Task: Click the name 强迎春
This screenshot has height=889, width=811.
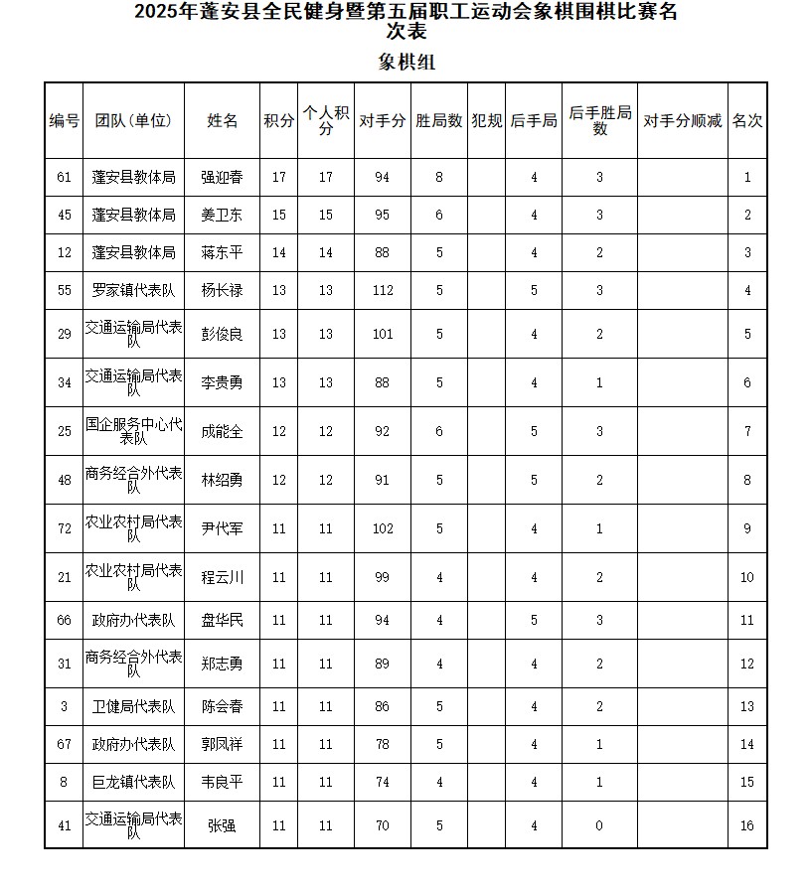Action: [222, 178]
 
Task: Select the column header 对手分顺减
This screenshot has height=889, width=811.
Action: [682, 121]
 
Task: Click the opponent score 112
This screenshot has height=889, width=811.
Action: [383, 291]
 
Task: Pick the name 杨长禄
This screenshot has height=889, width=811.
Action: [222, 291]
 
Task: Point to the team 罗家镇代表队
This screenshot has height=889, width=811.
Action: [133, 291]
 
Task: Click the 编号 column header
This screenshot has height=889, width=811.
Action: [64, 121]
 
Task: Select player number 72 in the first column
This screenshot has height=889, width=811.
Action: [65, 529]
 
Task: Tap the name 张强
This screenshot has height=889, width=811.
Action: [222, 825]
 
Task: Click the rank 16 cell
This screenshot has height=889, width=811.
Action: [747, 825]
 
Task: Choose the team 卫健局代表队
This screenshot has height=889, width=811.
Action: [133, 707]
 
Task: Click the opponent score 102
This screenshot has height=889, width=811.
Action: [383, 529]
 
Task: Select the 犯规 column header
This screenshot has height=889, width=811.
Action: [487, 121]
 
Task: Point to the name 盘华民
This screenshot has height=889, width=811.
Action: [222, 621]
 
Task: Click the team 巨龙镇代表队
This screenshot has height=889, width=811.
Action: [133, 782]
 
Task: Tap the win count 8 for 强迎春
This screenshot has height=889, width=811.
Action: [438, 178]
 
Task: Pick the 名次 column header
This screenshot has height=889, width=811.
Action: [747, 121]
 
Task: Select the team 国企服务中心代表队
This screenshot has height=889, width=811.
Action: [133, 431]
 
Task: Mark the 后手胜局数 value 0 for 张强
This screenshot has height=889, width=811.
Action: [599, 825]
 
